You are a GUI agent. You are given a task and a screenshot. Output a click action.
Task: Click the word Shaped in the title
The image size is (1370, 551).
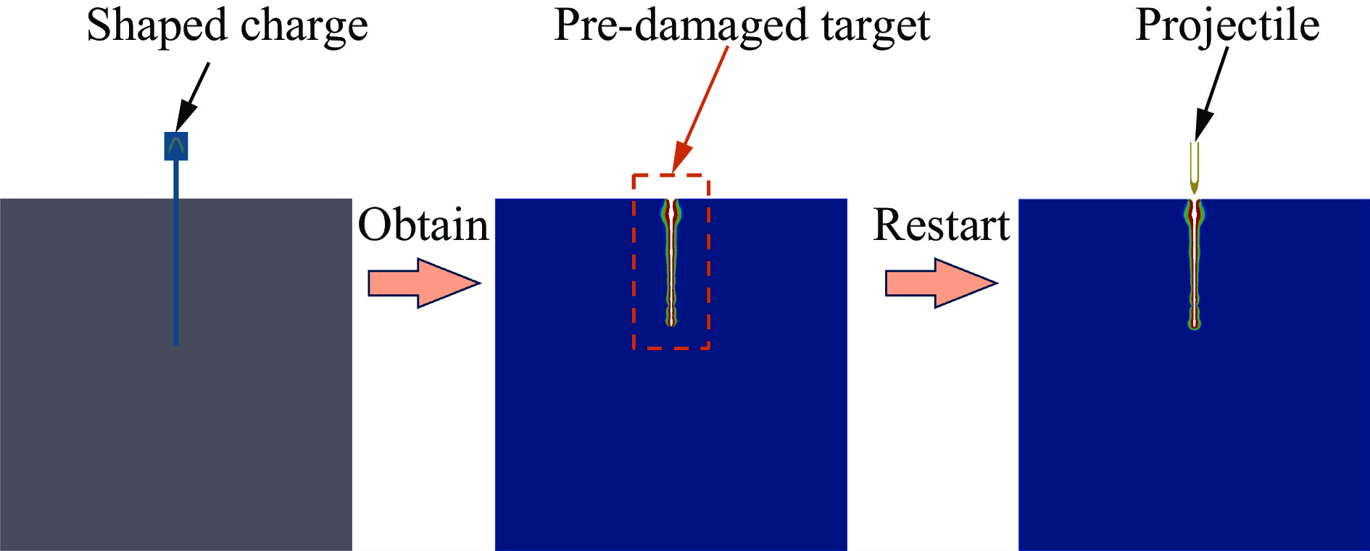(157, 26)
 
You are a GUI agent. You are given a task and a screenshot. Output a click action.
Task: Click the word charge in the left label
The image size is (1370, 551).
(304, 26)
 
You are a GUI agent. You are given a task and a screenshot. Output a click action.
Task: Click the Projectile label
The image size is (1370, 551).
(1226, 26)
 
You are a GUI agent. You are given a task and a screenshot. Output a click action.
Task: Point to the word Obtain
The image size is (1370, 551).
(423, 225)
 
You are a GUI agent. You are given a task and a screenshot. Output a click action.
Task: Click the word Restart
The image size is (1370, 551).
(941, 225)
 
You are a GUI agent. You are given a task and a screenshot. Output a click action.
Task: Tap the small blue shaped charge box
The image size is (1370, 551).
(176, 146)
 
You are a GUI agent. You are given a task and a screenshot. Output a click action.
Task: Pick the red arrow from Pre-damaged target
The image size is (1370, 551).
(701, 109)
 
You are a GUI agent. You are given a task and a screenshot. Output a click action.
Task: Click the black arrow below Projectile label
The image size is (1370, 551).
(1211, 94)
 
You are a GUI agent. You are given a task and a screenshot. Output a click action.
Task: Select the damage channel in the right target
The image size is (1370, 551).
(1195, 261)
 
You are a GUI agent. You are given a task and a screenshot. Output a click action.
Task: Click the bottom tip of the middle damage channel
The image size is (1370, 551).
(672, 323)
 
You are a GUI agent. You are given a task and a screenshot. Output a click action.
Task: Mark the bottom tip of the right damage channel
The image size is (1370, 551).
(1195, 326)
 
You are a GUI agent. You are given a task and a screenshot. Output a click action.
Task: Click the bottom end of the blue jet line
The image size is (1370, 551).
(176, 342)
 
